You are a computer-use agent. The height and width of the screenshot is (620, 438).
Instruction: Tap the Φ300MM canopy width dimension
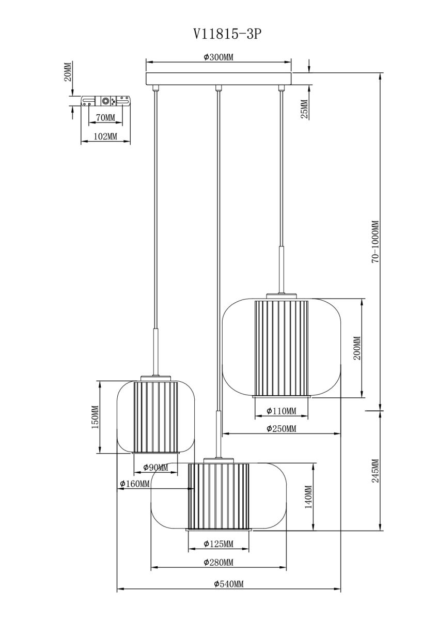218,57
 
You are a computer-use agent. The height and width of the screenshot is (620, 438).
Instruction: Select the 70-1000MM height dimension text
375,242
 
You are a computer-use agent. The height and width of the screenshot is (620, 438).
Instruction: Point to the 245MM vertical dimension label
375,471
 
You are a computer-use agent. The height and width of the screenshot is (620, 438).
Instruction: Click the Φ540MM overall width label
228,584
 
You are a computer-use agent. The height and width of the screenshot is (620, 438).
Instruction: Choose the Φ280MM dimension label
218,563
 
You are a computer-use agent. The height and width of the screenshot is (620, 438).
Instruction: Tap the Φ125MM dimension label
218,544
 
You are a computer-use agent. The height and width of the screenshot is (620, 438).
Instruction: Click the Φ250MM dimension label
281,428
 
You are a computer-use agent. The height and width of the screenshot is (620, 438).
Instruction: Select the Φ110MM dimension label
281,411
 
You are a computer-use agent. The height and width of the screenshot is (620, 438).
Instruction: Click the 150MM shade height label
94,417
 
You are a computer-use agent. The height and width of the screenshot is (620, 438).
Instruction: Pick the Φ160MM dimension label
135,484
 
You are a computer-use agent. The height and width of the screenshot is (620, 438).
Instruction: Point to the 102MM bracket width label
105,136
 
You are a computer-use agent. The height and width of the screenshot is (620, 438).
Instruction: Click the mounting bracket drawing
105,101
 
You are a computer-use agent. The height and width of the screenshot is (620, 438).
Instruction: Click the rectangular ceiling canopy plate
218,79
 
